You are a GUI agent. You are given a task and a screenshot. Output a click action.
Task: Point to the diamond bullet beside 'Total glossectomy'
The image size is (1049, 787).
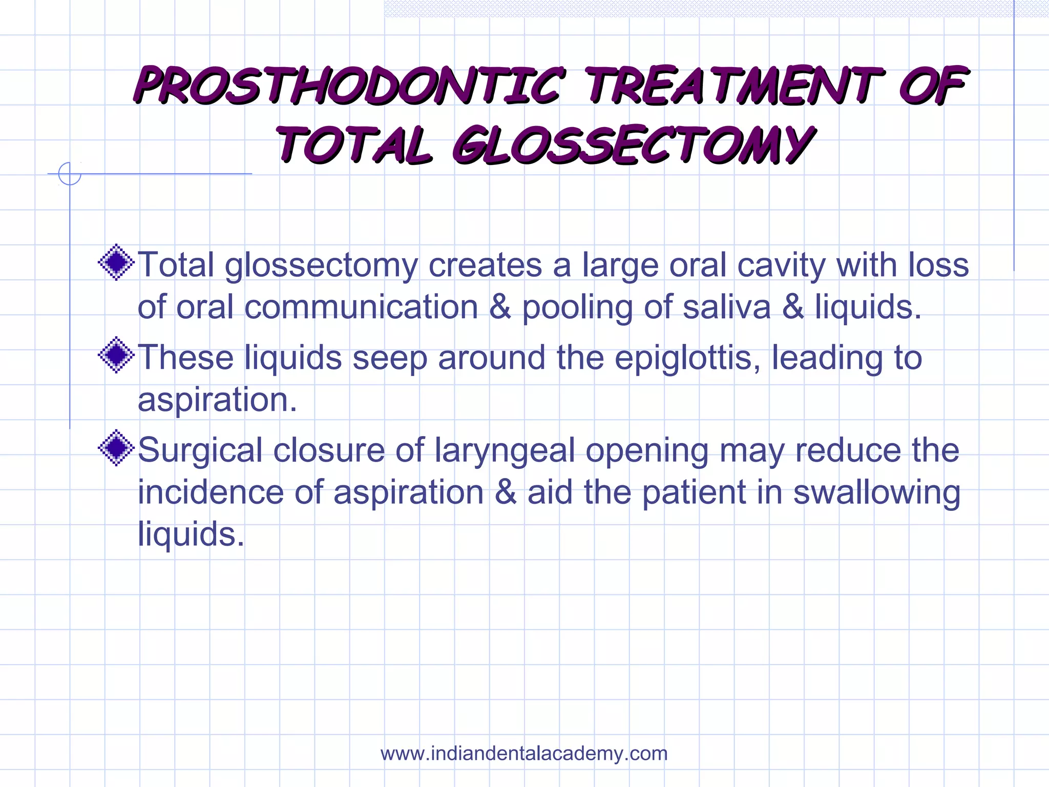tap(117, 262)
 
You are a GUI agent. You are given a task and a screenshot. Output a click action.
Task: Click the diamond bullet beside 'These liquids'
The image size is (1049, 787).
tap(117, 355)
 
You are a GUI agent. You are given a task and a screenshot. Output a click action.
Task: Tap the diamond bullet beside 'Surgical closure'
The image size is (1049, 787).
tap(117, 448)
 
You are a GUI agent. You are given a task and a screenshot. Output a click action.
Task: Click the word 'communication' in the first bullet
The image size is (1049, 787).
tap(361, 307)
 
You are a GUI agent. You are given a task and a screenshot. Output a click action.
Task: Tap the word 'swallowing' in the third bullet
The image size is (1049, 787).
tap(876, 492)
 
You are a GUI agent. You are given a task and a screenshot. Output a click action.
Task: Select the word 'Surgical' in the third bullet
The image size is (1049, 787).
tap(200, 450)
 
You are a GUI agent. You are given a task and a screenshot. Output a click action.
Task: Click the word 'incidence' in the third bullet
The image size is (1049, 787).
tap(211, 492)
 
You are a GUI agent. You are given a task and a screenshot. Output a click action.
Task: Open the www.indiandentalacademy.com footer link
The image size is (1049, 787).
tap(524, 754)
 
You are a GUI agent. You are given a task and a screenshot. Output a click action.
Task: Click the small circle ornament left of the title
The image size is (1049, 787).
tap(70, 174)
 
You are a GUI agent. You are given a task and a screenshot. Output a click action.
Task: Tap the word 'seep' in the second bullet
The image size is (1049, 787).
tap(390, 358)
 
